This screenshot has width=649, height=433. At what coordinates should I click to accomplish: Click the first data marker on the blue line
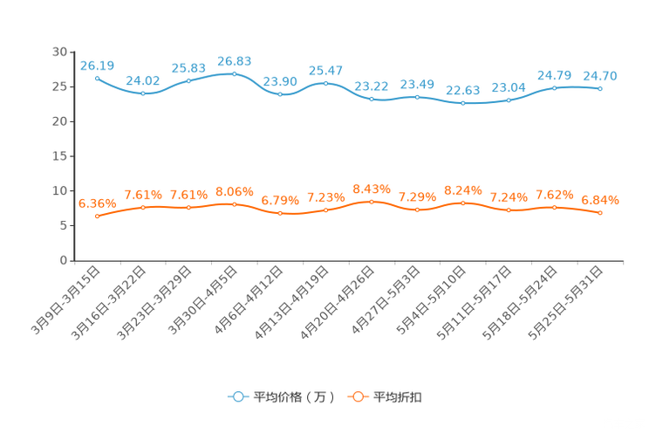(x=97, y=77)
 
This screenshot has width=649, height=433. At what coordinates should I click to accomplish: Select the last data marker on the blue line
(x=601, y=88)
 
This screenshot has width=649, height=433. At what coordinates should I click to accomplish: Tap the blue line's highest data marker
(x=234, y=74)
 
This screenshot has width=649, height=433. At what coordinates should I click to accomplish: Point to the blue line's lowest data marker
(x=462, y=102)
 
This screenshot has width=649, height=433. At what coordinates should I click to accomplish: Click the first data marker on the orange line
(x=97, y=216)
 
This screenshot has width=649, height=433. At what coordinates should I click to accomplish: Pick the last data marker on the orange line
(x=601, y=212)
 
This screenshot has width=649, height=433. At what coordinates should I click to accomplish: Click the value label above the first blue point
(x=97, y=65)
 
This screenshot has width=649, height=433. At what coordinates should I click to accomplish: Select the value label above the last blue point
(x=600, y=76)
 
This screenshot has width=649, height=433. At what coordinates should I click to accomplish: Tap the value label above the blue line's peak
(x=234, y=61)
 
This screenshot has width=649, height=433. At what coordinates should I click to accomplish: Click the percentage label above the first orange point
(x=97, y=203)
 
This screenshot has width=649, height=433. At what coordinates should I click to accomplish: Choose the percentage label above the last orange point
(x=600, y=200)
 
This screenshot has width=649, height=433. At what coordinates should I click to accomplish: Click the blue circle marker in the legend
(x=237, y=396)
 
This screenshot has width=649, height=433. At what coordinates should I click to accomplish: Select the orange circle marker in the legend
(x=357, y=396)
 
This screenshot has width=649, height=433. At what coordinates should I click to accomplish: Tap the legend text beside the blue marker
(x=294, y=397)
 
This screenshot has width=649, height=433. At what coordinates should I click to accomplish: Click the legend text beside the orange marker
(x=398, y=397)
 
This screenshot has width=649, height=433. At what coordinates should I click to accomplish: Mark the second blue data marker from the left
(x=143, y=93)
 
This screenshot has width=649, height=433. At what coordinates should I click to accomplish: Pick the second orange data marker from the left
(x=143, y=206)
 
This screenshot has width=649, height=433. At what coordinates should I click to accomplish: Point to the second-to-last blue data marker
(x=555, y=87)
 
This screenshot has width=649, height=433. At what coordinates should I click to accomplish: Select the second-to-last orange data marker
(x=555, y=206)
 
